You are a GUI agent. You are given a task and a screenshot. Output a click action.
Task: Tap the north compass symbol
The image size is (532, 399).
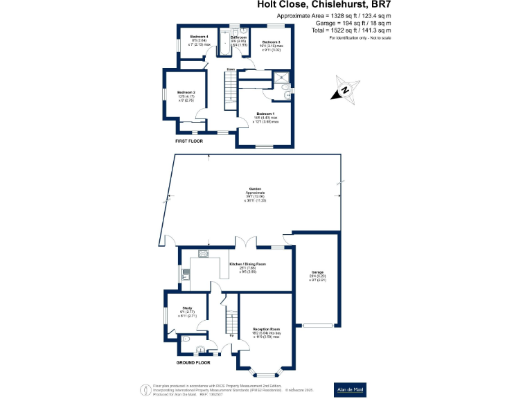point(344,90)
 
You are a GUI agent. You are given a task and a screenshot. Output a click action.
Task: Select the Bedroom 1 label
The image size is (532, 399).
point(265,114)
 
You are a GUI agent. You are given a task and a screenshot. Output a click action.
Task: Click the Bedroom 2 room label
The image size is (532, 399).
point(186,92)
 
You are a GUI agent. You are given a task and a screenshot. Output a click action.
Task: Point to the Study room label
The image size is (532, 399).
point(187,308)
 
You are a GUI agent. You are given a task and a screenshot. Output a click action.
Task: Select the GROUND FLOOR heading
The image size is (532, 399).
point(193,362)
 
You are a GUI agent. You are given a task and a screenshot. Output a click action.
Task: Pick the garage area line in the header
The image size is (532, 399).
point(334,23)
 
